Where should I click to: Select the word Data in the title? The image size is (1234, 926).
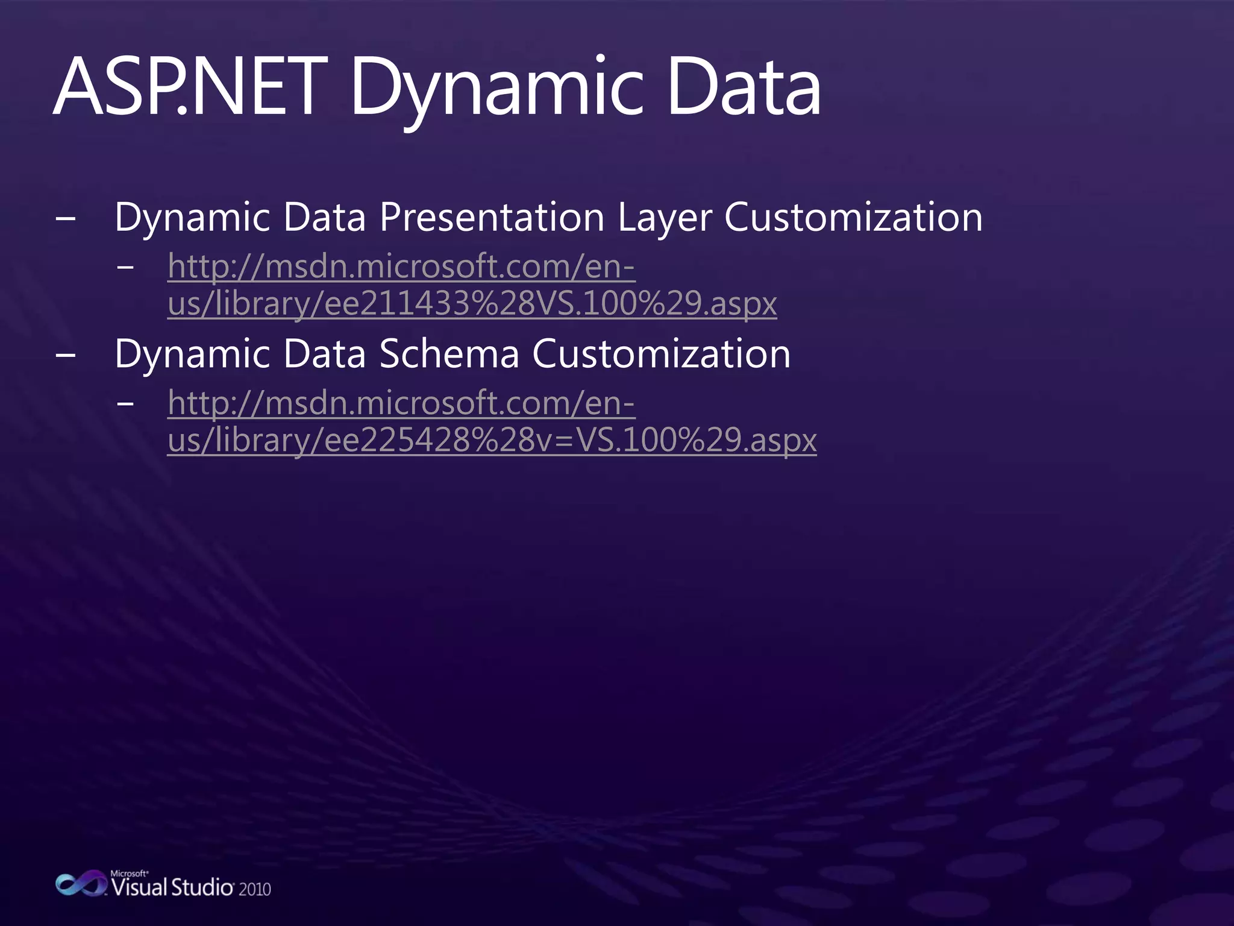click(744, 87)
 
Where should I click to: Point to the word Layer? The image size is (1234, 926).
click(665, 218)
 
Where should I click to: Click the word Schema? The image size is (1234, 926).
click(449, 354)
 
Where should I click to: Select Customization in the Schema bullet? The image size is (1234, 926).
click(661, 354)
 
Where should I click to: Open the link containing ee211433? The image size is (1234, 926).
click(472, 303)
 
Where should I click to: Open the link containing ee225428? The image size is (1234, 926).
click(492, 440)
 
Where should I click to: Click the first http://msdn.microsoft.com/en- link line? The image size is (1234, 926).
click(401, 266)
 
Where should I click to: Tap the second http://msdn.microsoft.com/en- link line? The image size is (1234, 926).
click(401, 403)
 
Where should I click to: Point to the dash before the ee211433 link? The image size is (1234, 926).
click(125, 266)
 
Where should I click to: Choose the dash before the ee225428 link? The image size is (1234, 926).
click(125, 403)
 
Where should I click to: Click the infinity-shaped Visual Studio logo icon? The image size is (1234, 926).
click(80, 884)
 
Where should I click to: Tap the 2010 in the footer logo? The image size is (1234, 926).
click(254, 889)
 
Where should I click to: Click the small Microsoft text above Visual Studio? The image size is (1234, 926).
click(129, 873)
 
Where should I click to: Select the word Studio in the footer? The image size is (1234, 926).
click(202, 887)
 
